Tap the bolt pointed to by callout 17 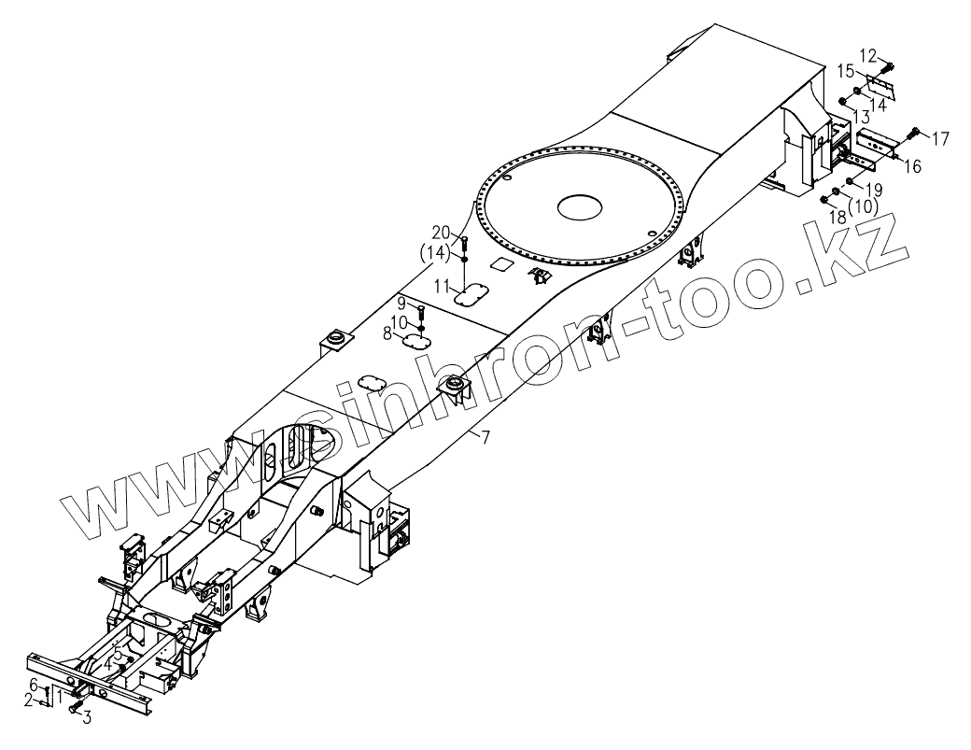913,131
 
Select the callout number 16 912,167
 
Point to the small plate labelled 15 880,87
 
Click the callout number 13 860,117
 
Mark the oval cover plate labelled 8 420,342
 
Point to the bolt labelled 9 421,312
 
